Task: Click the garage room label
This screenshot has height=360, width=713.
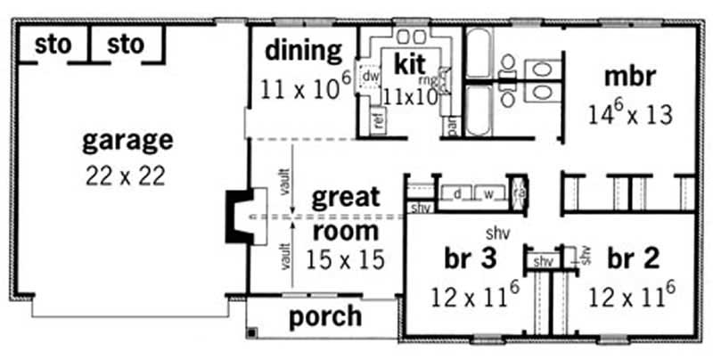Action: (x=127, y=140)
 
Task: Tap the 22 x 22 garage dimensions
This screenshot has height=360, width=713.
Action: (x=127, y=176)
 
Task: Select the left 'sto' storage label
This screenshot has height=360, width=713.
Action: (x=53, y=45)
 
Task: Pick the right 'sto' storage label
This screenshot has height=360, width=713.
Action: (x=125, y=45)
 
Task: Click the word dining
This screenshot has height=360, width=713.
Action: (x=303, y=50)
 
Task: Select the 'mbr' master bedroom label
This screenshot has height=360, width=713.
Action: (x=629, y=77)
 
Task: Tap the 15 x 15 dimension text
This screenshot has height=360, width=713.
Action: (x=344, y=260)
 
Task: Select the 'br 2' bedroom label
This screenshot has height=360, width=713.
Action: (x=634, y=259)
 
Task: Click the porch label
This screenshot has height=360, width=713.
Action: (x=325, y=316)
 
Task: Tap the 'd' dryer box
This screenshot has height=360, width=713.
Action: (x=456, y=193)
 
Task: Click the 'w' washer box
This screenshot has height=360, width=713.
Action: (x=488, y=193)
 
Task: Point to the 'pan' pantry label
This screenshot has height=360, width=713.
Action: (x=453, y=127)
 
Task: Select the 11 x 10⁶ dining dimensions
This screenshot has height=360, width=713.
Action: (x=303, y=87)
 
